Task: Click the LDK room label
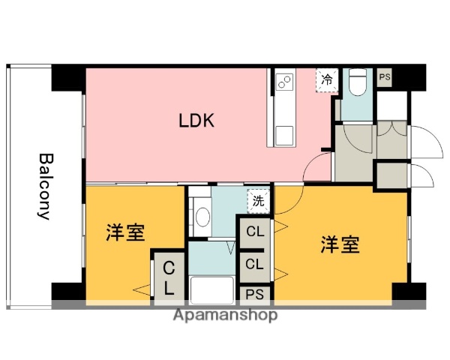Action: [196, 121]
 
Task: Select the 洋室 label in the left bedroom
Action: [124, 233]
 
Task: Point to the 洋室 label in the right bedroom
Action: [340, 244]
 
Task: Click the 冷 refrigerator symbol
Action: [327, 79]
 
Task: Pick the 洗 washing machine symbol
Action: [257, 200]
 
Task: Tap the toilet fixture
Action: [357, 82]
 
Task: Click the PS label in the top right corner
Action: [385, 76]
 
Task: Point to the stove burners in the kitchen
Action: [284, 81]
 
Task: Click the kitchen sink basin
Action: [284, 136]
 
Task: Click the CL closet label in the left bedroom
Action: [169, 277]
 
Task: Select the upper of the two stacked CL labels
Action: [255, 232]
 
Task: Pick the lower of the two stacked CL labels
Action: [255, 263]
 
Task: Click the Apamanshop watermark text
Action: [224, 315]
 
